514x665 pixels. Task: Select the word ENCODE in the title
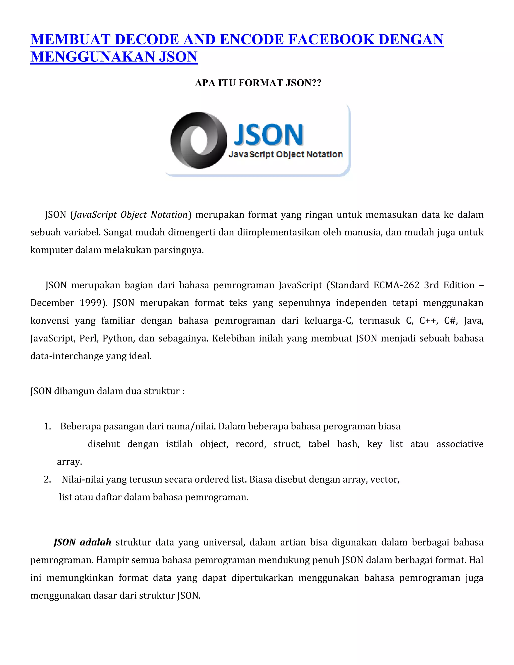(251, 40)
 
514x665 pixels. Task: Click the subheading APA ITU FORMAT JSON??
(258, 83)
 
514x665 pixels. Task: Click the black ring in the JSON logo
(199, 140)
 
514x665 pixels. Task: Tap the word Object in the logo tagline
(290, 154)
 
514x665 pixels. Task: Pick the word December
(52, 303)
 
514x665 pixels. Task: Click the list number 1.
(47, 426)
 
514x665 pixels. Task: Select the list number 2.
(47, 480)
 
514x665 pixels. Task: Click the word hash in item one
(348, 444)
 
